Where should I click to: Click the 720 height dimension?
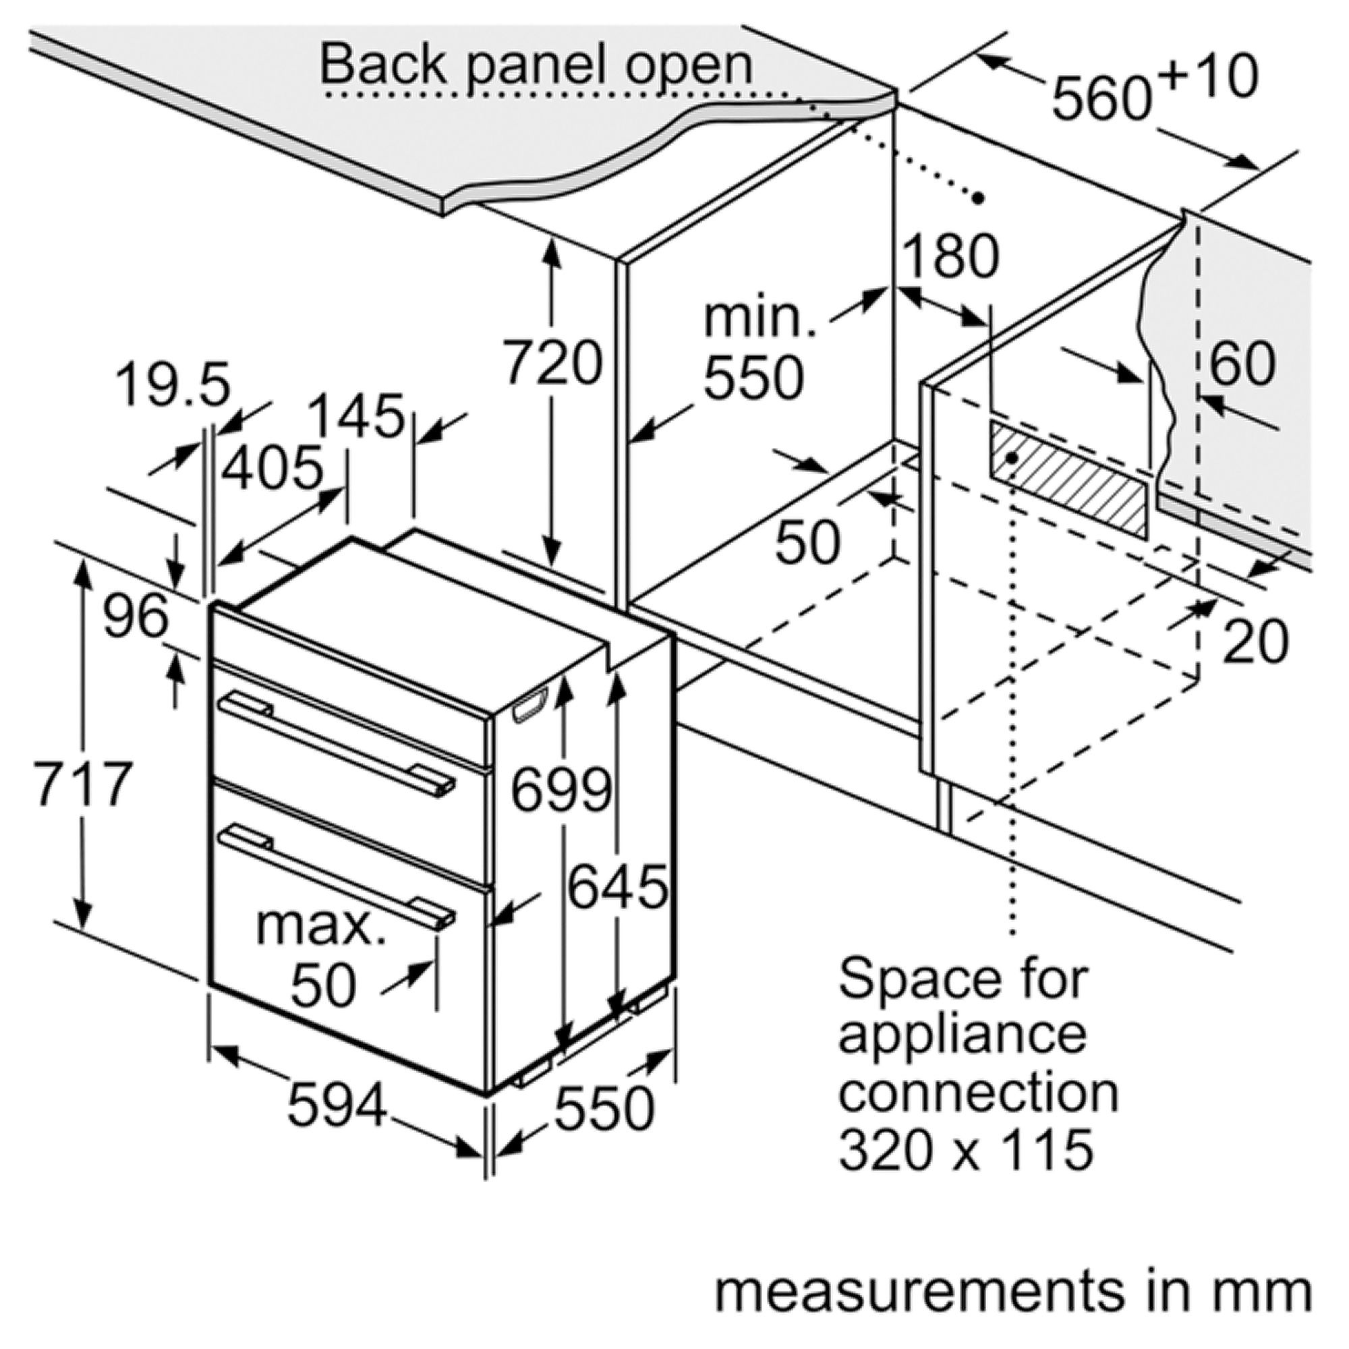pos(552,363)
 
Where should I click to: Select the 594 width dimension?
pos(337,1106)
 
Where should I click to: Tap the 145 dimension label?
pos(356,417)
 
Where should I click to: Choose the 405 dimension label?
pos(272,467)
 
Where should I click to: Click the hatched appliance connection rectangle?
pos(1068,481)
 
